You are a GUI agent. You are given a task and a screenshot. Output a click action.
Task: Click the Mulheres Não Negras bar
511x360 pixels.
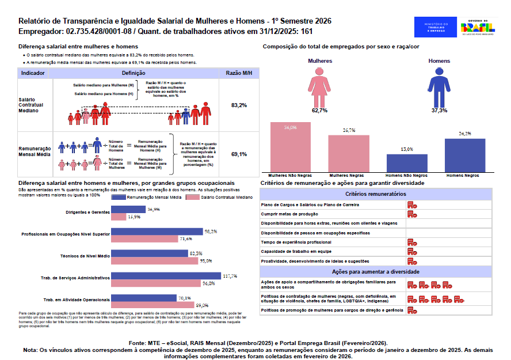[291, 146]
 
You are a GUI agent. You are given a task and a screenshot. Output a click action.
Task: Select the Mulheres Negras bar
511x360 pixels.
[349, 153]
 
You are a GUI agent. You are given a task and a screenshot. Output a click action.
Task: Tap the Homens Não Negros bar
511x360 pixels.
[407, 162]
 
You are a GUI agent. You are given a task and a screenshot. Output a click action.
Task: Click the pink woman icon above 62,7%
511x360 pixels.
[319, 86]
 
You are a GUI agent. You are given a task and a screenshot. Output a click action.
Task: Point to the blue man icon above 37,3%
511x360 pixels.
[440, 86]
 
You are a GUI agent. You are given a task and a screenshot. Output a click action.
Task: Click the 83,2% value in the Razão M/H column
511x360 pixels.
[239, 105]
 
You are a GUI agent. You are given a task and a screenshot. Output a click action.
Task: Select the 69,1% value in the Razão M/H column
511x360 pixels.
[239, 154]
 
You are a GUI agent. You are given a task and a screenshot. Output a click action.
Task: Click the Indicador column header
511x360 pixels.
[33, 74]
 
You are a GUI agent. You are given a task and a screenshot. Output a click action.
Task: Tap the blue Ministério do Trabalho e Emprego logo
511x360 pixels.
[435, 26]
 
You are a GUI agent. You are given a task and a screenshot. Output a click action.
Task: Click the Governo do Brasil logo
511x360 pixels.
[478, 26]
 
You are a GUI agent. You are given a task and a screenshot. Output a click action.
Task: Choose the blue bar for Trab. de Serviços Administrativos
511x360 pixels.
[166, 276]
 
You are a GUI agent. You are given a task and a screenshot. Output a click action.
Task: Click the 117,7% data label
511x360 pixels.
[230, 276]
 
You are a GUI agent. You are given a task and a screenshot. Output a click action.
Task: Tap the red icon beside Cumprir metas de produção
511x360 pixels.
[412, 214]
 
